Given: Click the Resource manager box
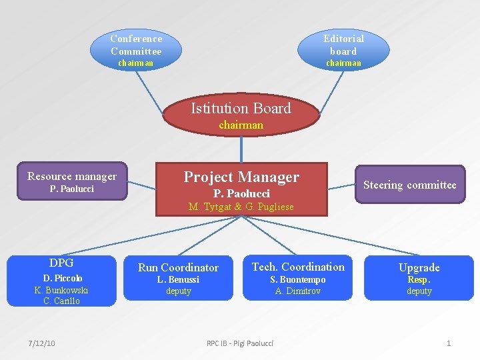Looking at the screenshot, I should (x=72, y=182).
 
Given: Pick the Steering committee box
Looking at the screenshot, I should (x=409, y=185).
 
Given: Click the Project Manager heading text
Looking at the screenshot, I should (x=241, y=177).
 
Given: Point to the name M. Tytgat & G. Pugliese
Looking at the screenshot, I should (x=241, y=207).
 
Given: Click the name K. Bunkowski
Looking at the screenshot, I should (x=61, y=290).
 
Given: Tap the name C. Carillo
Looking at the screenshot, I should (x=61, y=301).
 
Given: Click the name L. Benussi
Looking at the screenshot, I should (x=178, y=280).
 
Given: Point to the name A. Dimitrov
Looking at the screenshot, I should (x=298, y=291).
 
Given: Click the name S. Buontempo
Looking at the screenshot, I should (x=298, y=280).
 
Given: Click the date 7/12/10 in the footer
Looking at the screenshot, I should (x=42, y=343).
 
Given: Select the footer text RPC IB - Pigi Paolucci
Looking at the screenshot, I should (x=240, y=343).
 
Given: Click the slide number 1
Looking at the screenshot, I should (x=449, y=343).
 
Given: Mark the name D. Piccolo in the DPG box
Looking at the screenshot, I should (x=63, y=278).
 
